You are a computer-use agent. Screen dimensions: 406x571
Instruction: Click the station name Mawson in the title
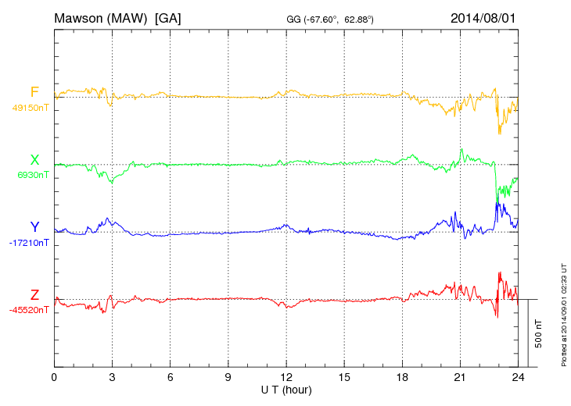coord(79,17)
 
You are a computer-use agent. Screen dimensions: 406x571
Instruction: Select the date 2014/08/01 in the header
coord(483,17)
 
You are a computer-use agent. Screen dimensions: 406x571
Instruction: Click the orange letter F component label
coord(34,92)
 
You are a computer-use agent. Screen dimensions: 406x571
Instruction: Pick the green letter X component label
coord(34,160)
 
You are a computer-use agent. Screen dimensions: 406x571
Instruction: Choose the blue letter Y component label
coord(34,227)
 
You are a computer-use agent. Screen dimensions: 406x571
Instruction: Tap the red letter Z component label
coord(34,295)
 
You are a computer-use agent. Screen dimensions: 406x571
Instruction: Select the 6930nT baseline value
coord(32,176)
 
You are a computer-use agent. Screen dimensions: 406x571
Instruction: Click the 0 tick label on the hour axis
coord(54,377)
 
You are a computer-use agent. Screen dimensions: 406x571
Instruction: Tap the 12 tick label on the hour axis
coord(286,377)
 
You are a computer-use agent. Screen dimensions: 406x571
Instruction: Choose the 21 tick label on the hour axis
coord(460,377)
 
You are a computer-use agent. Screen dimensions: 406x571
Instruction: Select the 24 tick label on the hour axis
coord(518,377)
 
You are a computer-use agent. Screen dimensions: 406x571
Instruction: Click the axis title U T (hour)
coord(286,390)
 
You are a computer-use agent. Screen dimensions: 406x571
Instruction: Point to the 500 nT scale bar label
coord(539,333)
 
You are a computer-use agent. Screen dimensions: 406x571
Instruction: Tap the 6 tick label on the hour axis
coord(170,377)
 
